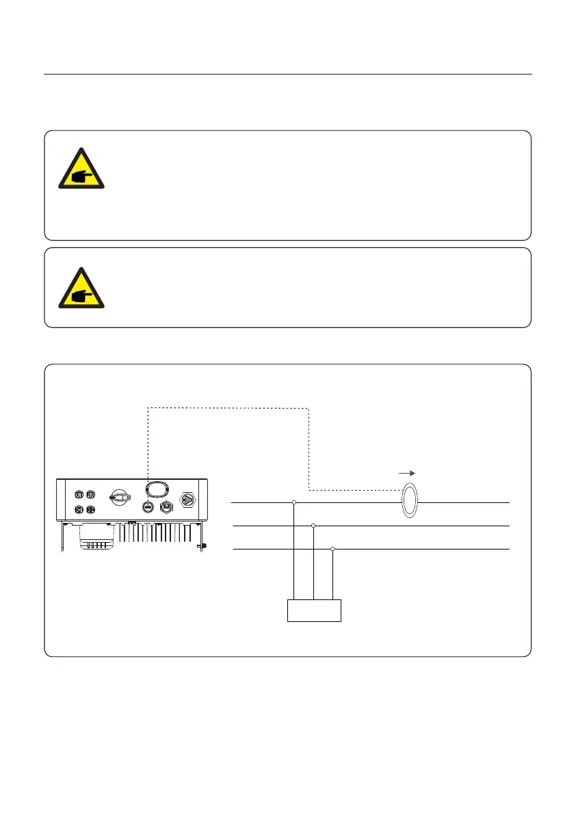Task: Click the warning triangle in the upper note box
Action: click(x=81, y=169)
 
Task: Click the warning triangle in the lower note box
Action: click(x=81, y=288)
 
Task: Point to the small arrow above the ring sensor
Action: click(x=406, y=472)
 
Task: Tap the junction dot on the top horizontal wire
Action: click(x=294, y=503)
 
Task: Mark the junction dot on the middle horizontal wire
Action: click(x=313, y=526)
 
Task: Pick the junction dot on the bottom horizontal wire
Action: click(x=332, y=549)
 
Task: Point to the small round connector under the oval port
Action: click(x=146, y=507)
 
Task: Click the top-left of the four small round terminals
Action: click(x=79, y=494)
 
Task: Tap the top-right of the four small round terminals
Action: click(x=90, y=494)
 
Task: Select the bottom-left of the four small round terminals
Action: click(x=79, y=509)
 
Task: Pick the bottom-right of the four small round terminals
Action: click(x=90, y=509)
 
